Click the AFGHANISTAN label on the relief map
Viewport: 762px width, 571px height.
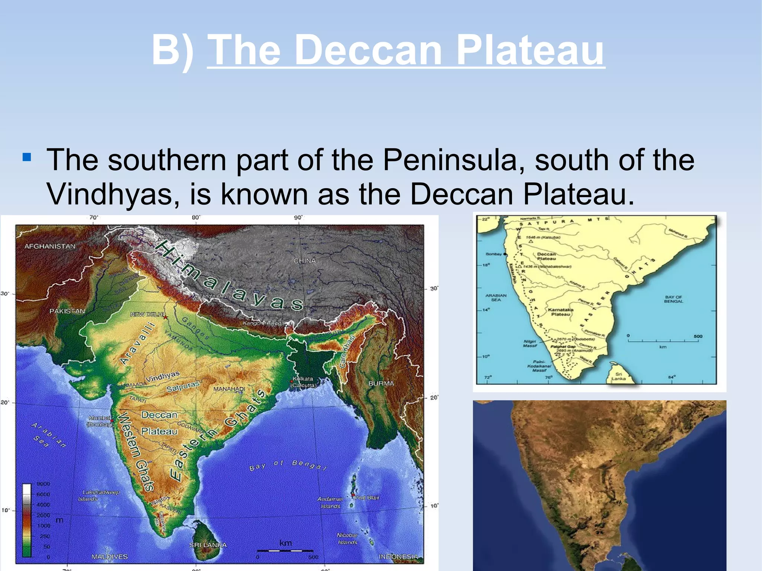(50, 246)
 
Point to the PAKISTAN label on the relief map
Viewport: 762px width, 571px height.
(67, 311)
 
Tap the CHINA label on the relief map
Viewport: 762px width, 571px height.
(305, 261)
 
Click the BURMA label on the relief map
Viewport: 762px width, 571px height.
(381, 383)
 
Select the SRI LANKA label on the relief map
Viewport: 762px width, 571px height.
(208, 545)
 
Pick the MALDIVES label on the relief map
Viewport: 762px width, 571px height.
(109, 556)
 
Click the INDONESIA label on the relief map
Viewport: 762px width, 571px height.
(398, 556)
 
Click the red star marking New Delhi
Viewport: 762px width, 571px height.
(165, 317)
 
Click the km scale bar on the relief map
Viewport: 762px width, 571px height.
(285, 550)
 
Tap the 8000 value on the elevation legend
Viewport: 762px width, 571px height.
(43, 484)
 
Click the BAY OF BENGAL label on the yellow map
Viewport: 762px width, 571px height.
(673, 299)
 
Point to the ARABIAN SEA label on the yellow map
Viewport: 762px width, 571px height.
(496, 297)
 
